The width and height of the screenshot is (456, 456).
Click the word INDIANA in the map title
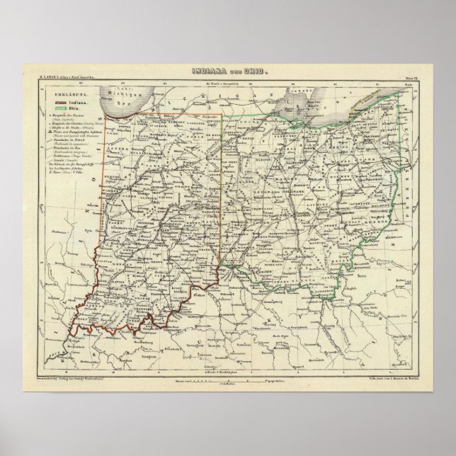[x=209, y=72]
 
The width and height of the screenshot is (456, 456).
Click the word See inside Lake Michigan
[x=118, y=101]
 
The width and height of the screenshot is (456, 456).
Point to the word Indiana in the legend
[x=79, y=103]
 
